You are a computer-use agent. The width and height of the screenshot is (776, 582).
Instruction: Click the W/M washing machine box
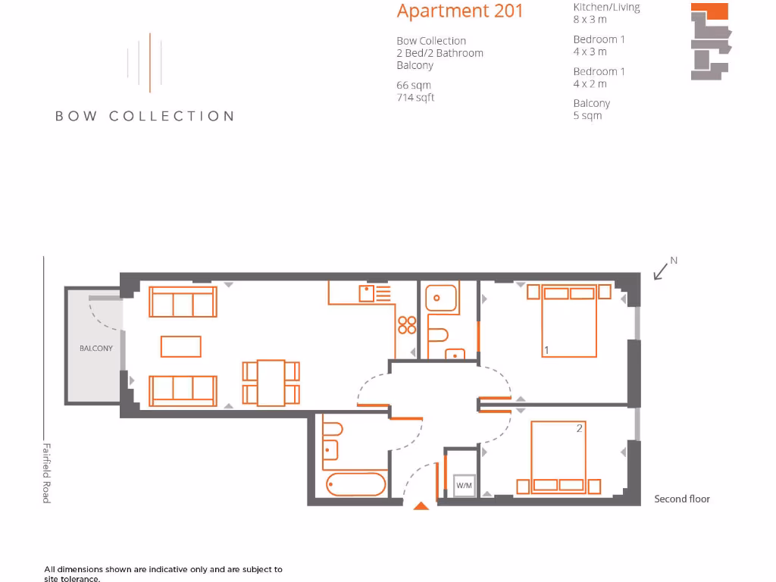464,485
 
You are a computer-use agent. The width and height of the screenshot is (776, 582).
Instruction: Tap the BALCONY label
96,349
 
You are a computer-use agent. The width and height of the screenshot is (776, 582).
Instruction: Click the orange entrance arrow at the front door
421,505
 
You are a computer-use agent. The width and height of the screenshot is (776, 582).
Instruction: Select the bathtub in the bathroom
356,483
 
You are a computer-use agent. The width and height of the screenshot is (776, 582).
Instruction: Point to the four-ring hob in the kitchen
406,324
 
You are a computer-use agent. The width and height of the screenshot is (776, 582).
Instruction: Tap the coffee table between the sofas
181,346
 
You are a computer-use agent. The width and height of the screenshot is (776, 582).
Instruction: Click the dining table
271,383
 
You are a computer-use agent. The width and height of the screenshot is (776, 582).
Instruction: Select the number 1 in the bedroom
546,350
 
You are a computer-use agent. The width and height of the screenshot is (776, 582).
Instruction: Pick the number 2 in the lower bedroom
579,429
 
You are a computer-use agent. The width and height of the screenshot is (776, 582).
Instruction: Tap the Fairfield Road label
46,473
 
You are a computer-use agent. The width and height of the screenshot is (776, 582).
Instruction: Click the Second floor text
682,499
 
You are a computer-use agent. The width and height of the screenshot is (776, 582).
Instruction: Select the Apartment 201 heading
460,11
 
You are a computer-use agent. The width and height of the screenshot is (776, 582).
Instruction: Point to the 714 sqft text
415,98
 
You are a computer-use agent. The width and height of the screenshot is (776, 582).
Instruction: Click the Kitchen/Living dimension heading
606,8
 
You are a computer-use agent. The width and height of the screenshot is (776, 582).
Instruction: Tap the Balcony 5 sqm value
587,116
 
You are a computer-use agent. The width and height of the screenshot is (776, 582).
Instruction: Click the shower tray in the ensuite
440,298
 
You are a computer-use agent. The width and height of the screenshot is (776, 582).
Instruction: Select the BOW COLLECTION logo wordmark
144,116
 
